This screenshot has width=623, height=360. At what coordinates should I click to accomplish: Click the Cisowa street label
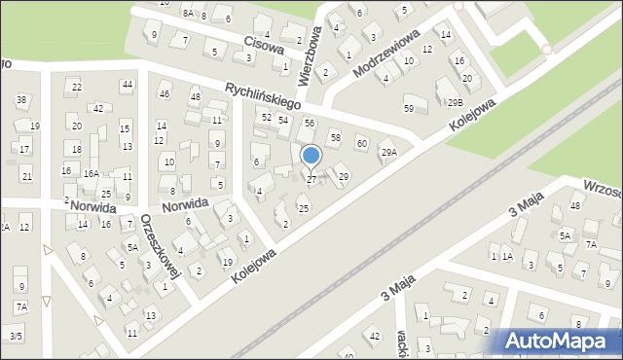[263, 44]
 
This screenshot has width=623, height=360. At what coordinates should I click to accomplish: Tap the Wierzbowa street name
[311, 54]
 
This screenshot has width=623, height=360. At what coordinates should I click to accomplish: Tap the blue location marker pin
[311, 156]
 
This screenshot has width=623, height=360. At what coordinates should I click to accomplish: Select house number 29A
[388, 152]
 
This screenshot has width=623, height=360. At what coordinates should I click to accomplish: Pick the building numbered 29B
[455, 102]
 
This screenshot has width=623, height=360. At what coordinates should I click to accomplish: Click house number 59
[409, 108]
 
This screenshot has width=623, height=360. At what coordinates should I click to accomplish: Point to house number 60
[361, 144]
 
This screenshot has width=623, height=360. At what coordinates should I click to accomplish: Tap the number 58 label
[335, 138]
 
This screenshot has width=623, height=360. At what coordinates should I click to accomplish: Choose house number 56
[310, 123]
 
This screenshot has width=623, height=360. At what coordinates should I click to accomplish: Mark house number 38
[21, 100]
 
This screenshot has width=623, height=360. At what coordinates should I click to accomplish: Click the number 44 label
[127, 86]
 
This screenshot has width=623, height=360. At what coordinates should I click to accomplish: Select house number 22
[77, 88]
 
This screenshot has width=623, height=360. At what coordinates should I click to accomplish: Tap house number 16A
[91, 173]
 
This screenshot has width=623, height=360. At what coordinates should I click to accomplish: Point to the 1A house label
[506, 256]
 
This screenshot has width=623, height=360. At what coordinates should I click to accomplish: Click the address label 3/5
[15, 336]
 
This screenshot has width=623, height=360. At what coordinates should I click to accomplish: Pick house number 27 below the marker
[311, 180]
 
